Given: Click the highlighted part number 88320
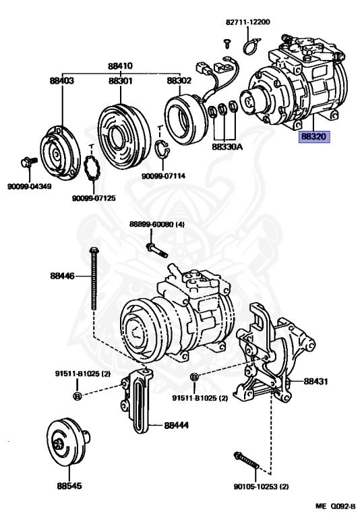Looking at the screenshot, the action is point(313,137).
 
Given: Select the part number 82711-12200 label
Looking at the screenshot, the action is point(247,22).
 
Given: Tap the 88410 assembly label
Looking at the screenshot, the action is point(120,65).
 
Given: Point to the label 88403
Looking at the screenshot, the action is point(62,81).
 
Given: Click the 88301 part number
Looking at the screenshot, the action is point(121,81).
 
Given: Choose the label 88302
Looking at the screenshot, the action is point(179,81).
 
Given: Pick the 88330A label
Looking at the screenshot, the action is point(227,146).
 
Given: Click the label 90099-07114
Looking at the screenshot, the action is point(164,176).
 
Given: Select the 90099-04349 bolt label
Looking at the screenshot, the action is point(30,186).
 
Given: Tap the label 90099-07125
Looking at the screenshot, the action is point(94,198).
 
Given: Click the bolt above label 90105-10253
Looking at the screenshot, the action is point(247,460).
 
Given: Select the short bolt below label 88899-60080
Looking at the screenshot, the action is point(157,250).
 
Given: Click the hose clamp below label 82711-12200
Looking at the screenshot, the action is point(251,47).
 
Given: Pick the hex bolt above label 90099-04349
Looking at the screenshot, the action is point(29,162).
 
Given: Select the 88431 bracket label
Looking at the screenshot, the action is point(316,381).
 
